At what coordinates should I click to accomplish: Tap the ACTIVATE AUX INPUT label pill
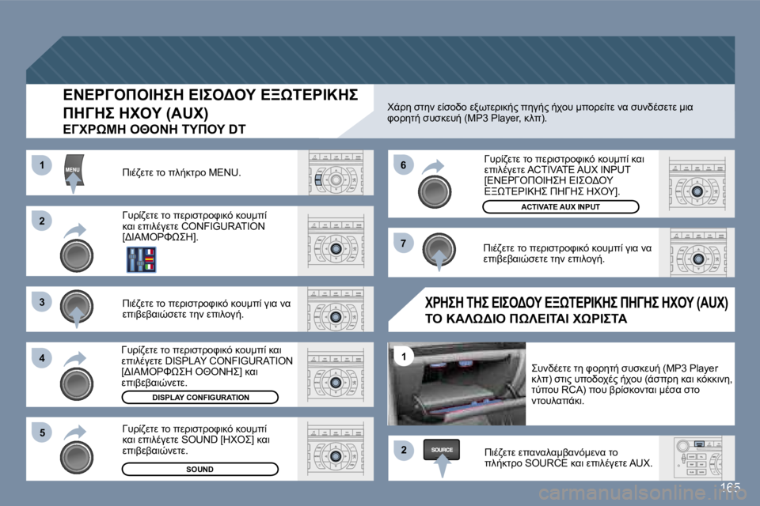[560, 207]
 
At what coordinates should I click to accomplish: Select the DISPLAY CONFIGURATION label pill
[200, 397]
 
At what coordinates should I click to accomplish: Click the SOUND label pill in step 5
[200, 469]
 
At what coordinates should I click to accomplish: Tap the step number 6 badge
[402, 165]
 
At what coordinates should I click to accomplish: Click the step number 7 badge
[402, 242]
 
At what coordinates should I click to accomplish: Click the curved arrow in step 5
[75, 433]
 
